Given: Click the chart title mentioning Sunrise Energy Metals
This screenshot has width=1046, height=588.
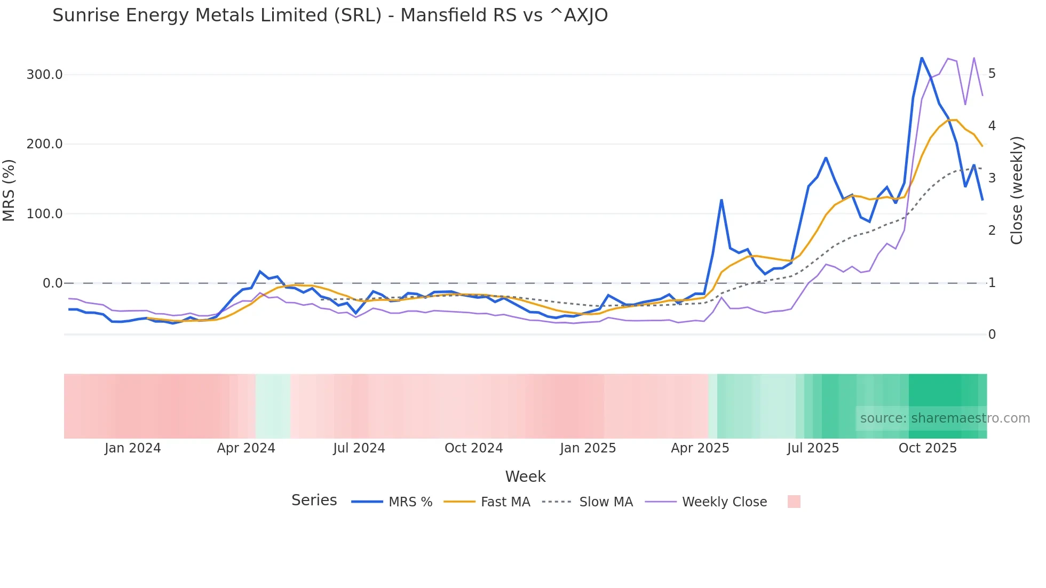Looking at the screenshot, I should (x=330, y=15).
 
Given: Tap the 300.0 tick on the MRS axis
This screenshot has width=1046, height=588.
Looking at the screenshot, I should (x=45, y=75).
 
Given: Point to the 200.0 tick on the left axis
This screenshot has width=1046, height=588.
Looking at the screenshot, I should (x=45, y=144).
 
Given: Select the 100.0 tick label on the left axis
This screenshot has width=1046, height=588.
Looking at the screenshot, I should (x=45, y=214).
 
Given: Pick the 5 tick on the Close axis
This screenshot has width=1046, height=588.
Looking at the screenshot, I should (x=992, y=74).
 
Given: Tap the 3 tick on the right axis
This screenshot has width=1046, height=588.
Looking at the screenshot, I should (x=992, y=178).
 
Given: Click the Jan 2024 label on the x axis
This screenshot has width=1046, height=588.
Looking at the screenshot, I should (x=132, y=448).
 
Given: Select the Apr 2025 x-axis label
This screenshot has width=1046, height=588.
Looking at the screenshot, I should (x=700, y=448).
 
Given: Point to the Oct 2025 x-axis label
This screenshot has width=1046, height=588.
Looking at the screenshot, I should (x=928, y=448).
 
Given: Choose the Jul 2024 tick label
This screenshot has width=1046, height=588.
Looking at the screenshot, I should (x=359, y=448).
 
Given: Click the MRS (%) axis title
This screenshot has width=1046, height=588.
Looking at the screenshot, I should (x=9, y=190).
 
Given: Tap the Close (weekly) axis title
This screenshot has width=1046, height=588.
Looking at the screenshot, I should (x=1017, y=190).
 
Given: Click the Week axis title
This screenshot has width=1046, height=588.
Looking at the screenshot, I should (x=525, y=476).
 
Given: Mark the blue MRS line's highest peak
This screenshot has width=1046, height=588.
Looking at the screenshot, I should (x=922, y=58).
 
